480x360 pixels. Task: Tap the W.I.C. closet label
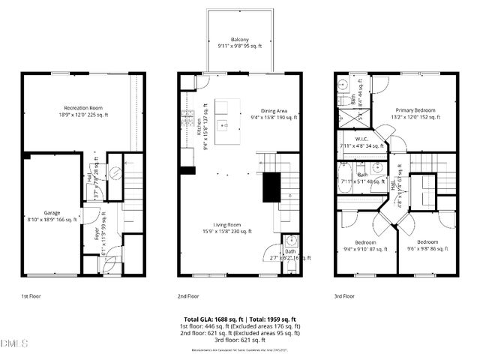357,146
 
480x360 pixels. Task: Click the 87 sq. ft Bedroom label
365,245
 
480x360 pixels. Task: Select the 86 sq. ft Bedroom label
427,245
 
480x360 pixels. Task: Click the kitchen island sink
223,124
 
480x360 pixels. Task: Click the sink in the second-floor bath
292,241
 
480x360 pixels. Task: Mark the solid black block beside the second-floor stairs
270,187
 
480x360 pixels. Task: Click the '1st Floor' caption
31,296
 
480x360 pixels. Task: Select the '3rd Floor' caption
345,296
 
